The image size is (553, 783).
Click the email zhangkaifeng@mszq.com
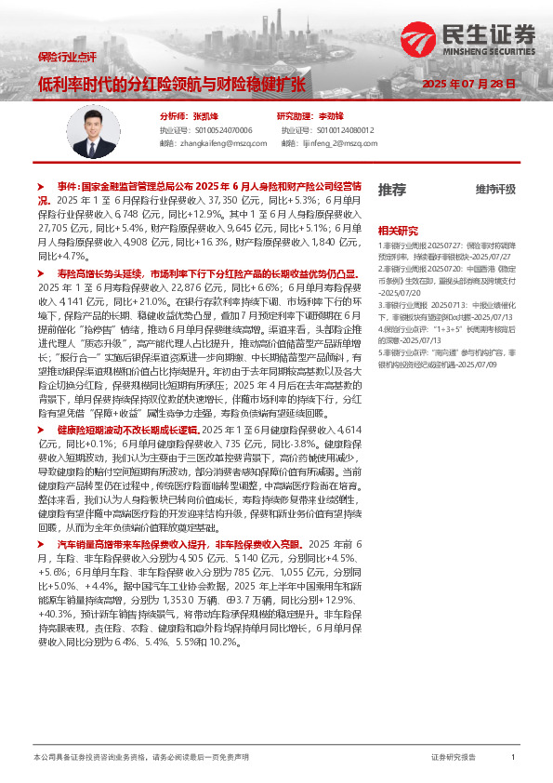pyautogui.click(x=214, y=144)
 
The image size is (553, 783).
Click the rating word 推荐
pyautogui.click(x=391, y=190)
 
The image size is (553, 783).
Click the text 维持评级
pyautogui.click(x=495, y=190)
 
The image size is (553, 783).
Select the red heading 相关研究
pyautogui.click(x=397, y=230)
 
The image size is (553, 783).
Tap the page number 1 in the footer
pyautogui.click(x=513, y=757)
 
